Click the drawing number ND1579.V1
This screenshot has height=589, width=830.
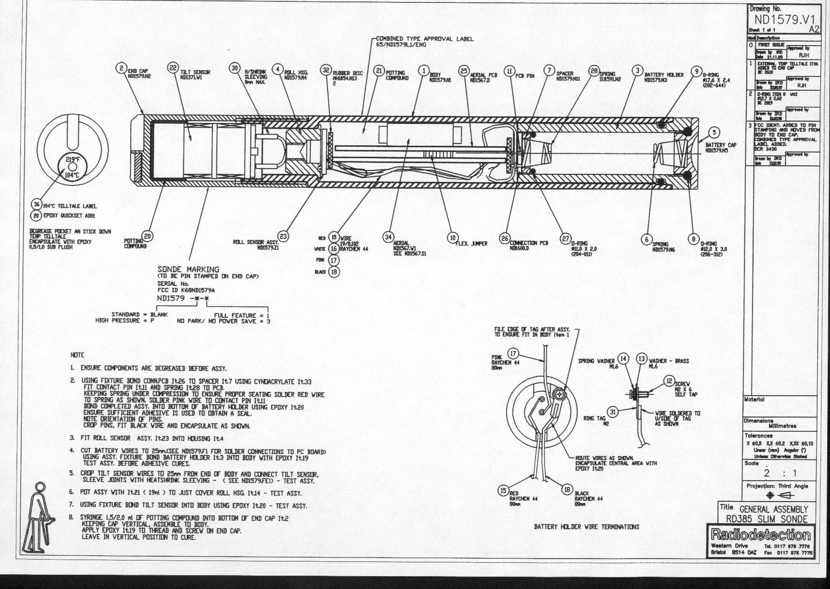(785, 19)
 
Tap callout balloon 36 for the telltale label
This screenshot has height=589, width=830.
(36, 204)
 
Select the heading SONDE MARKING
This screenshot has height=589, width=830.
(188, 269)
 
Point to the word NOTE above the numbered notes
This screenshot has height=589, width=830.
(77, 355)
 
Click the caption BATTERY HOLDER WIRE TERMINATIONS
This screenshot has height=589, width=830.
(586, 527)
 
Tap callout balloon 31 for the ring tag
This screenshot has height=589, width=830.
(613, 412)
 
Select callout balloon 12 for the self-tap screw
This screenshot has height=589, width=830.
(669, 380)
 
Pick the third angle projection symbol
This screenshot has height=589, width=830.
(779, 495)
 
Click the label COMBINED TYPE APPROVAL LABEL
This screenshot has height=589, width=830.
(425, 39)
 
